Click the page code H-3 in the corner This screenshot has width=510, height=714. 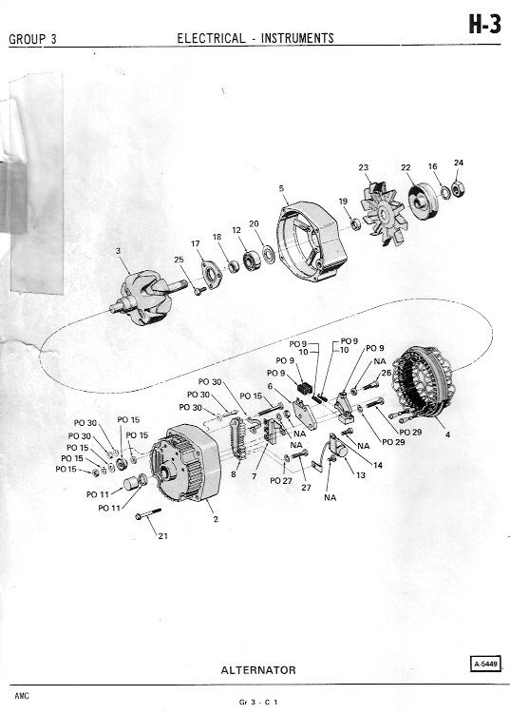[485, 24]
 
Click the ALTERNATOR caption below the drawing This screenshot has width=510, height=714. [258, 670]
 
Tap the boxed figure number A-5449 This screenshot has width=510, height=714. [485, 664]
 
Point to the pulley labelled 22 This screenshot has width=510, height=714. [422, 201]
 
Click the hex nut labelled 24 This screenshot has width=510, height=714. [458, 189]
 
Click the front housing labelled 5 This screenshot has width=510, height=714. [312, 242]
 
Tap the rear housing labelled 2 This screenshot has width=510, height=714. [185, 463]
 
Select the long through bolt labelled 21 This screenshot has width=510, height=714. [148, 513]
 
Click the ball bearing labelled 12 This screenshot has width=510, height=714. [251, 261]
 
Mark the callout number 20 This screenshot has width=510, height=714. [254, 224]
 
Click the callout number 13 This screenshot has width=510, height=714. [361, 475]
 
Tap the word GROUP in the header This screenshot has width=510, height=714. [28, 40]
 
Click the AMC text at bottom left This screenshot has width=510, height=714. [22, 696]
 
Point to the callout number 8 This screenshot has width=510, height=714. [234, 474]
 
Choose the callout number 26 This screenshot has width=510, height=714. [387, 373]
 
